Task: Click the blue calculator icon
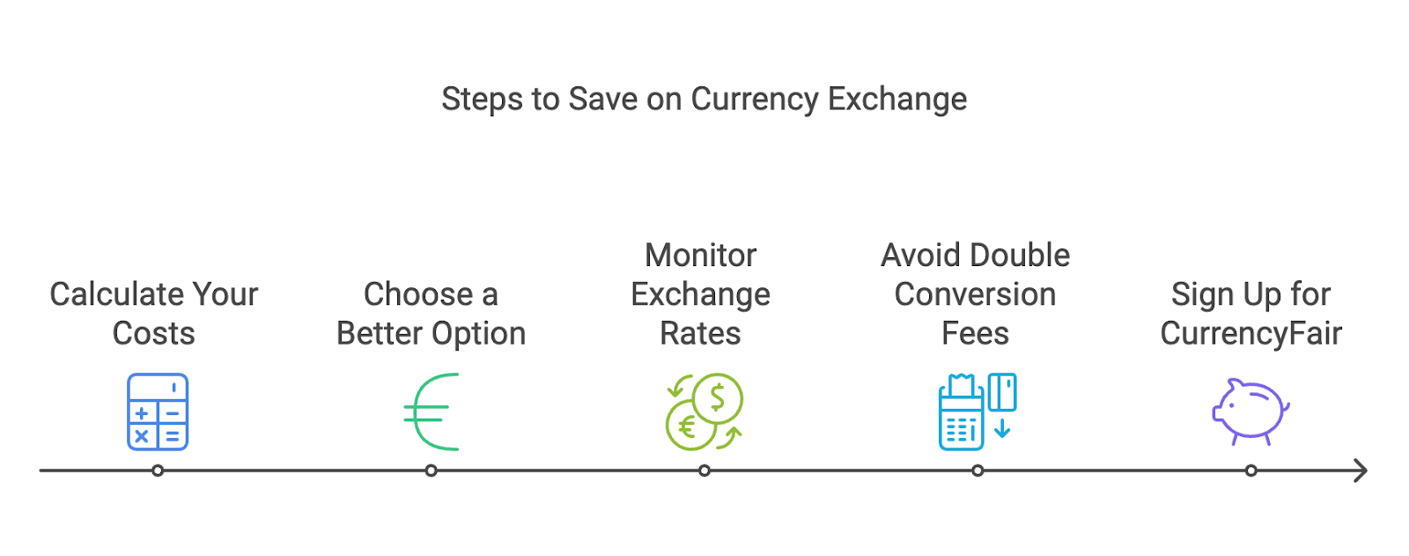click(158, 411)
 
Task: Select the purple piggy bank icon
click(1250, 411)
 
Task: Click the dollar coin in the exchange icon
click(717, 398)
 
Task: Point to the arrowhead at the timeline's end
click(1361, 471)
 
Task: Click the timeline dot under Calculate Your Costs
click(158, 471)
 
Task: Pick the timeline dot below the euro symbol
click(431, 471)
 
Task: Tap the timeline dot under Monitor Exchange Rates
click(704, 471)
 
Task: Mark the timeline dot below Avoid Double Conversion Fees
click(977, 471)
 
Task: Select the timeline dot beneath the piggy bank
click(1251, 471)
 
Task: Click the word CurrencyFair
click(1251, 334)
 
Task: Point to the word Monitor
click(701, 256)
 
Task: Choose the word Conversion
click(975, 294)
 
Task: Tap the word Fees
click(975, 334)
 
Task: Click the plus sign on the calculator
click(142, 413)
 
